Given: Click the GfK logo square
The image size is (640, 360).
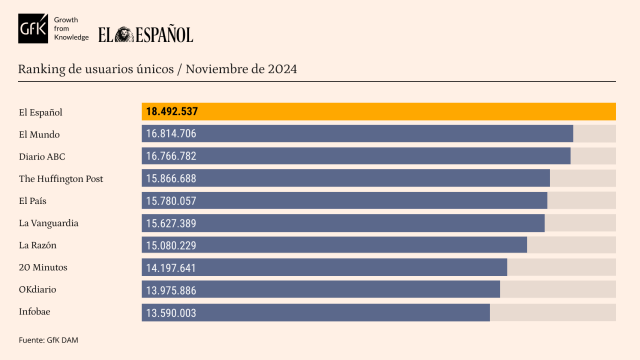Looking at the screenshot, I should pyautogui.click(x=34, y=32).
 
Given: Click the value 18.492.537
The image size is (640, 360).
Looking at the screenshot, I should pyautogui.click(x=171, y=111).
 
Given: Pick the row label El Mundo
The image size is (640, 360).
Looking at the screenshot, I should pyautogui.click(x=39, y=134).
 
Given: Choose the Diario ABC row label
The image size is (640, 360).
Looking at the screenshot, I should pyautogui.click(x=42, y=156).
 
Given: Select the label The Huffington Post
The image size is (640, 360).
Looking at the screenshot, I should pyautogui.click(x=61, y=178).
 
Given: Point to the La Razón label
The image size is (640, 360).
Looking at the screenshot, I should pyautogui.click(x=38, y=245).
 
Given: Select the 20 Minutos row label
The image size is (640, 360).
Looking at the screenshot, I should pyautogui.click(x=42, y=267).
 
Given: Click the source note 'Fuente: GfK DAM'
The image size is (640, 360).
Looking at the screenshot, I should pyautogui.click(x=48, y=340).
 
